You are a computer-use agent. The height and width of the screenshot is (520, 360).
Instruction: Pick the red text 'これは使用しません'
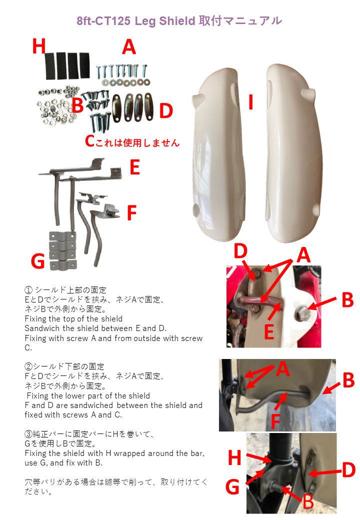[132, 141]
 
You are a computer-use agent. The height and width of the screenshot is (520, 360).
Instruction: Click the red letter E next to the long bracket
[134, 167]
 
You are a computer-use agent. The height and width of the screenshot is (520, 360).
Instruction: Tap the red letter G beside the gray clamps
[38, 260]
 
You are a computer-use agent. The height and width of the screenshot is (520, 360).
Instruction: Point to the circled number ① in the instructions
[28, 290]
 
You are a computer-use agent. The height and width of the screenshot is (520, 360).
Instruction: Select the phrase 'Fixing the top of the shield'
[73, 318]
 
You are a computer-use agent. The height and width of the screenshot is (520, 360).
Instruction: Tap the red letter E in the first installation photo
[269, 331]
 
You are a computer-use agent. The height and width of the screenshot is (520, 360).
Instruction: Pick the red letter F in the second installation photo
[275, 420]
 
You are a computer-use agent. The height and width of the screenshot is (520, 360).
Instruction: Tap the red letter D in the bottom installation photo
[348, 470]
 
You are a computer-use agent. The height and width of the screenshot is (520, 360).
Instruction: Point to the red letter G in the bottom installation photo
[234, 486]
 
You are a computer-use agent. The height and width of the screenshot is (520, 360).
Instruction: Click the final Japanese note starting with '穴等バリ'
[115, 486]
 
